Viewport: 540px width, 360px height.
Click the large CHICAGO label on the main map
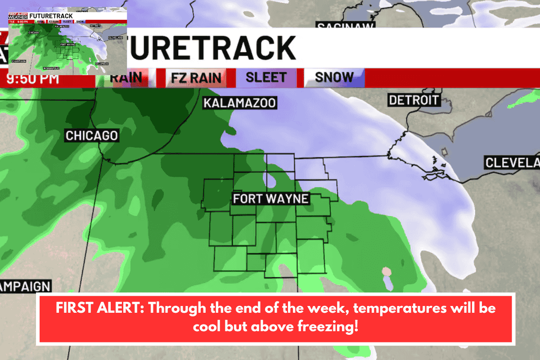(x=92, y=135)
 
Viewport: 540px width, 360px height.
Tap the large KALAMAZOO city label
(x=239, y=103)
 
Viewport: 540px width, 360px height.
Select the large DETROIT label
(x=414, y=100)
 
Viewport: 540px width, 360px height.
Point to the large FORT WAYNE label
(x=271, y=198)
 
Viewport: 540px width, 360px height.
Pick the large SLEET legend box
(x=266, y=78)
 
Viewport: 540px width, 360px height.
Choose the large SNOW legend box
(x=334, y=78)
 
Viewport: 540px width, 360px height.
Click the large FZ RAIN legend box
(x=196, y=78)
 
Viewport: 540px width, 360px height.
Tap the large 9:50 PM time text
(x=32, y=79)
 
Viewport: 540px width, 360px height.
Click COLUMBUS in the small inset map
(x=102, y=63)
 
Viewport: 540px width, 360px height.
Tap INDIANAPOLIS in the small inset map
(x=51, y=68)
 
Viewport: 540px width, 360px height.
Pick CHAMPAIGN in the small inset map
(x=18, y=61)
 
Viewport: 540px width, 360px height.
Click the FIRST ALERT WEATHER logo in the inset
(x=18, y=16)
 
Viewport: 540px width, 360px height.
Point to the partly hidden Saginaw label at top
(x=345, y=26)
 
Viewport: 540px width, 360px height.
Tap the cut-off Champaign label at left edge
(x=25, y=286)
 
